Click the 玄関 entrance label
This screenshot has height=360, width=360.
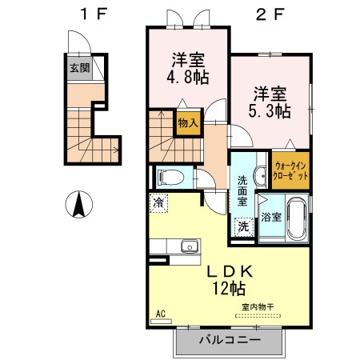(80, 68)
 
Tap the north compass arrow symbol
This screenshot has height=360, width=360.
(79, 205)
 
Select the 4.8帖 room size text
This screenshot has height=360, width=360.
(188, 78)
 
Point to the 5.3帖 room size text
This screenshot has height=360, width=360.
(270, 111)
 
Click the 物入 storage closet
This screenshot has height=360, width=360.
(188, 123)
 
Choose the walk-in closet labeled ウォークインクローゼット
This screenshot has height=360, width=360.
(290, 170)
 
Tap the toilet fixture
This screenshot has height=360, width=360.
(170, 178)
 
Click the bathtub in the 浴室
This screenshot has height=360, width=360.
(297, 218)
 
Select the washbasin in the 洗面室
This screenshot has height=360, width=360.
(260, 175)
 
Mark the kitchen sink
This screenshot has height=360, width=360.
(190, 246)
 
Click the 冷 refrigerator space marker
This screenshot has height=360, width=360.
(158, 203)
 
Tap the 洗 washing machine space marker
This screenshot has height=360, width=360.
(243, 227)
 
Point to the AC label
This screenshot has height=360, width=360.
(161, 314)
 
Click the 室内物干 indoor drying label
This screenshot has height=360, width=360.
(258, 307)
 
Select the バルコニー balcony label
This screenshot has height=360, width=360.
(230, 340)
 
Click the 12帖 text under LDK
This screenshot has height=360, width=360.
(229, 288)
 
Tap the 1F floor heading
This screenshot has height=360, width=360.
(94, 14)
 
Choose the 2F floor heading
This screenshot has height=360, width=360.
(270, 14)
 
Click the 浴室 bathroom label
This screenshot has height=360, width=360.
(271, 217)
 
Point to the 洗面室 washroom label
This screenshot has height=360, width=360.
(242, 190)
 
